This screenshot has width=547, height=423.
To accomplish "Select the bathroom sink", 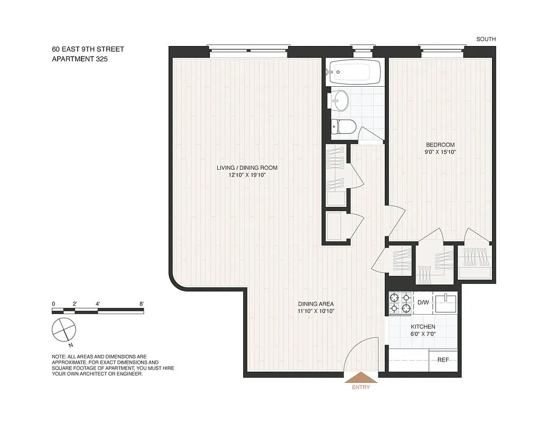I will (339, 99).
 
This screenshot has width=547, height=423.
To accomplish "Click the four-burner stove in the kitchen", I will (400, 303).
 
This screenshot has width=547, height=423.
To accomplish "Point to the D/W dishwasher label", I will (423, 303).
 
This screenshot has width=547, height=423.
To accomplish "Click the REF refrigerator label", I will (443, 360).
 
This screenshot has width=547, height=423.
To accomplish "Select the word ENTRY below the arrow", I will (360, 388).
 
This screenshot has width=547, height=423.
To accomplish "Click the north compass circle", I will (63, 330).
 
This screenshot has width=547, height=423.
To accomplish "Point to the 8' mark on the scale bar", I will (142, 304).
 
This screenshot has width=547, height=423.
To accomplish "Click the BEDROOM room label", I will (440, 144).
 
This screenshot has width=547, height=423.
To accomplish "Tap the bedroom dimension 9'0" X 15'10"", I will (440, 152).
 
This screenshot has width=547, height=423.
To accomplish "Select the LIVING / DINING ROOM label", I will (247, 168).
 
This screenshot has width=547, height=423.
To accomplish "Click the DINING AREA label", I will (316, 304).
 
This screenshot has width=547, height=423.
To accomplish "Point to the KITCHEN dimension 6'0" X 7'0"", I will (423, 334).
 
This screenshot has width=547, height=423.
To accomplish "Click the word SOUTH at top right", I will (486, 39).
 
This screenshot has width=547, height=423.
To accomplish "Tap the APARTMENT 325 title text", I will (79, 59).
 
